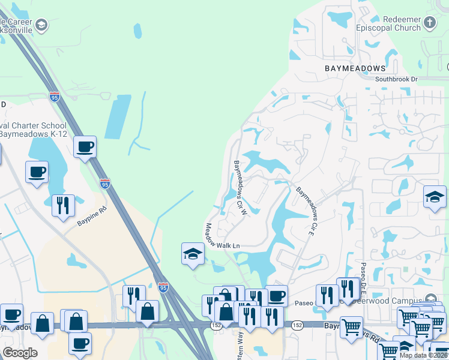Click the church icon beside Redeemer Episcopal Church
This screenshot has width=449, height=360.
click(429, 23)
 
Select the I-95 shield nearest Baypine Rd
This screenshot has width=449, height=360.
click(105, 184)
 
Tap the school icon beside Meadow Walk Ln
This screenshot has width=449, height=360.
click(193, 254)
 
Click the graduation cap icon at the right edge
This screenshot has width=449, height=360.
click(435, 196)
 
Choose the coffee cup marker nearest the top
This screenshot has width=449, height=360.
click(85, 146)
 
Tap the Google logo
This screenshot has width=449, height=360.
click(20, 353)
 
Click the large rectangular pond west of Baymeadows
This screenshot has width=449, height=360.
click(118, 116)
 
